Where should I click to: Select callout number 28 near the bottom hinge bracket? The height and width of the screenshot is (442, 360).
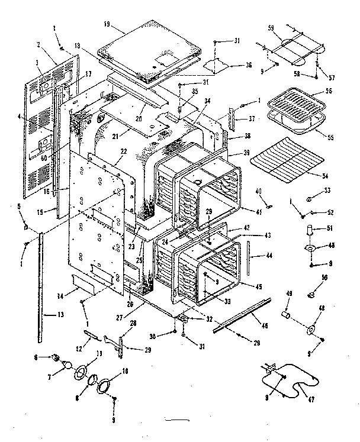pos(133,322)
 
